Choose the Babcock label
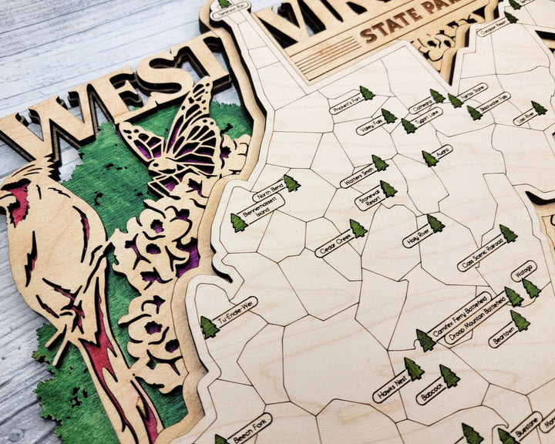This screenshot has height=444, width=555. (x=431, y=392)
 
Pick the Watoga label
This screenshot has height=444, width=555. (x=522, y=273)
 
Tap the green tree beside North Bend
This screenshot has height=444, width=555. (x=291, y=183)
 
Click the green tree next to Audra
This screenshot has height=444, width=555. (x=429, y=159)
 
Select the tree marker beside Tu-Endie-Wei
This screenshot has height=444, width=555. (x=209, y=328)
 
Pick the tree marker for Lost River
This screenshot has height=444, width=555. (x=538, y=108)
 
